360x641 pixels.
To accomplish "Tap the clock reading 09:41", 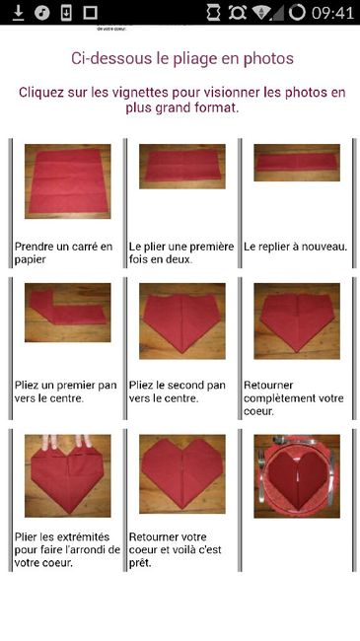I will click(330, 13).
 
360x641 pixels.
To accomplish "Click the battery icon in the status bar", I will click(298, 13).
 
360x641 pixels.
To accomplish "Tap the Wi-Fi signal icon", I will click(262, 13).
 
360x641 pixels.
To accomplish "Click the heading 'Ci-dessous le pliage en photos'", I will click(182, 58).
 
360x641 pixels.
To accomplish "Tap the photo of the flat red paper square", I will click(67, 180).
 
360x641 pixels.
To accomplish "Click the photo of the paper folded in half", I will click(182, 167).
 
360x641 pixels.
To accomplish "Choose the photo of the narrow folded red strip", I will click(297, 163).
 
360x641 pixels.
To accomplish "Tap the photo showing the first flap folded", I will click(67, 320).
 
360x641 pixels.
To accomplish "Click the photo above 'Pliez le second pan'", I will click(182, 320).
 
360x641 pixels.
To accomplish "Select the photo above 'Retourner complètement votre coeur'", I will click(297, 320).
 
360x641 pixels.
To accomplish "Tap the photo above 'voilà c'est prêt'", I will click(182, 473).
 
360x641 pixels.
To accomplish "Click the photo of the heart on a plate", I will click(297, 475).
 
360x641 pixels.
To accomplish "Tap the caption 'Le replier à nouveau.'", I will click(295, 247).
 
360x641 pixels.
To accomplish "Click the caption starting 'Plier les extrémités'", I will click(67, 549).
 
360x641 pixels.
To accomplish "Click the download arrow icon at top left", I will click(17, 13).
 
